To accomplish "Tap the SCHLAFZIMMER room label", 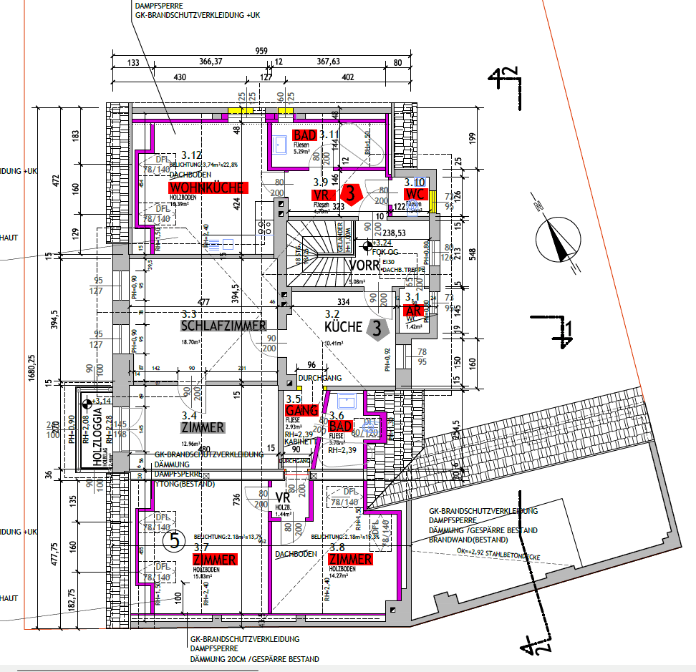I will pos(223,326).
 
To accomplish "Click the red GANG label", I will pos(301,411).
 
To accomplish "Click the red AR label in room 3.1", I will pos(413,311).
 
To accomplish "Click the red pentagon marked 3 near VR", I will pos(350,193).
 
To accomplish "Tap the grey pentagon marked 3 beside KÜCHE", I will pos(377,328).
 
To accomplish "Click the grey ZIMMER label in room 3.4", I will pos(203,428).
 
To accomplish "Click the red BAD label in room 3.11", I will pos(305,135).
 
